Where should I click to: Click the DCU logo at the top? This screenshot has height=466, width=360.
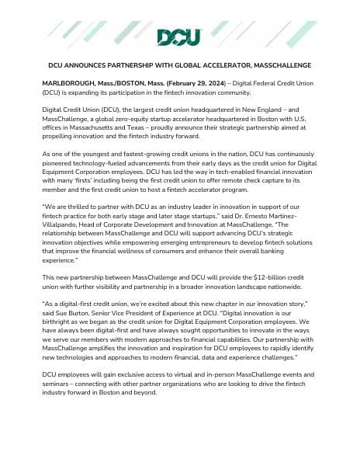[x=179, y=37]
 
